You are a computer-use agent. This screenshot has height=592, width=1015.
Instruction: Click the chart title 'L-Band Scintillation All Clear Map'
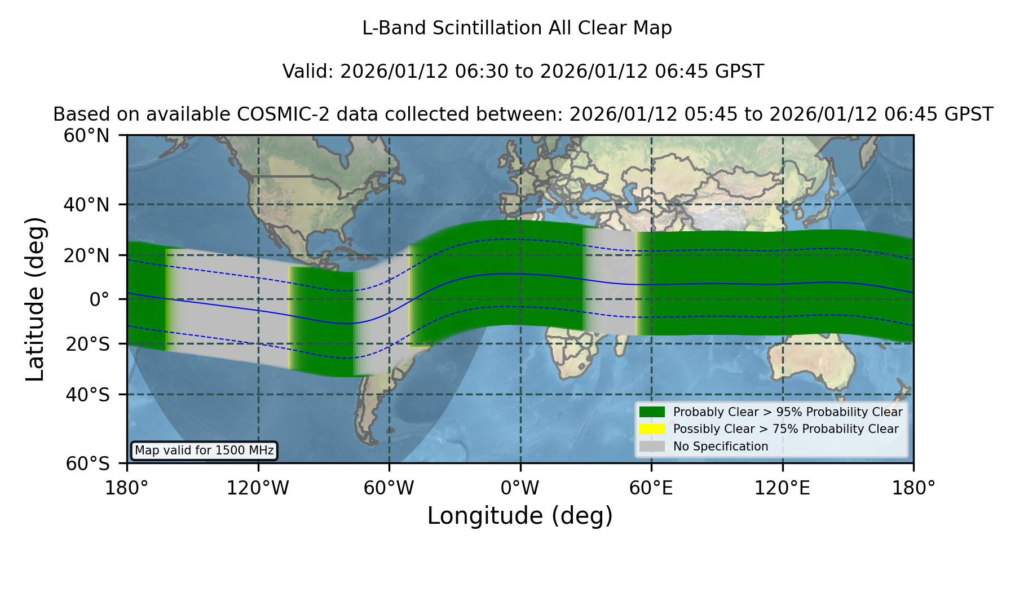click(517, 28)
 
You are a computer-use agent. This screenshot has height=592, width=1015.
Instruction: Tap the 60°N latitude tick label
click(87, 136)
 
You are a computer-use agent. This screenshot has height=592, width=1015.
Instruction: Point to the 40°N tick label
click(87, 205)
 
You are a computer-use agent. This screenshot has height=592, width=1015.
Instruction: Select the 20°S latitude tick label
click(88, 344)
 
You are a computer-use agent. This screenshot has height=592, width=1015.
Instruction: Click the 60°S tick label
click(88, 464)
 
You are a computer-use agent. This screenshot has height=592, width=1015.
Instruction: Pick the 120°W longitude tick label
click(258, 488)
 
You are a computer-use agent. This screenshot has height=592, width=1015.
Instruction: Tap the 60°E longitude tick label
click(651, 488)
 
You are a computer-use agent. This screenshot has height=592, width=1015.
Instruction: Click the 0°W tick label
click(520, 488)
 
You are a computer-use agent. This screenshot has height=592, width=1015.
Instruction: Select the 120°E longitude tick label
click(783, 488)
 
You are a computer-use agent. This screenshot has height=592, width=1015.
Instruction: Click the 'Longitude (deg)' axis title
click(520, 516)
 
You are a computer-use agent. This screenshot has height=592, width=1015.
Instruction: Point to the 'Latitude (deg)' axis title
click(36, 299)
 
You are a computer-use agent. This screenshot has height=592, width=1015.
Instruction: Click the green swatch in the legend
click(652, 412)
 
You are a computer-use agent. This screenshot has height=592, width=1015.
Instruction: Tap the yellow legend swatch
click(652, 429)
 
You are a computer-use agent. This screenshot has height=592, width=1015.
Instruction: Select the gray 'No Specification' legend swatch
click(652, 447)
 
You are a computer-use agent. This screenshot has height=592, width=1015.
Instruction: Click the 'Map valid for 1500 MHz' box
click(204, 450)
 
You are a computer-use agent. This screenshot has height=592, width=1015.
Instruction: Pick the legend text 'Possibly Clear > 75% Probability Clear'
click(786, 429)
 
